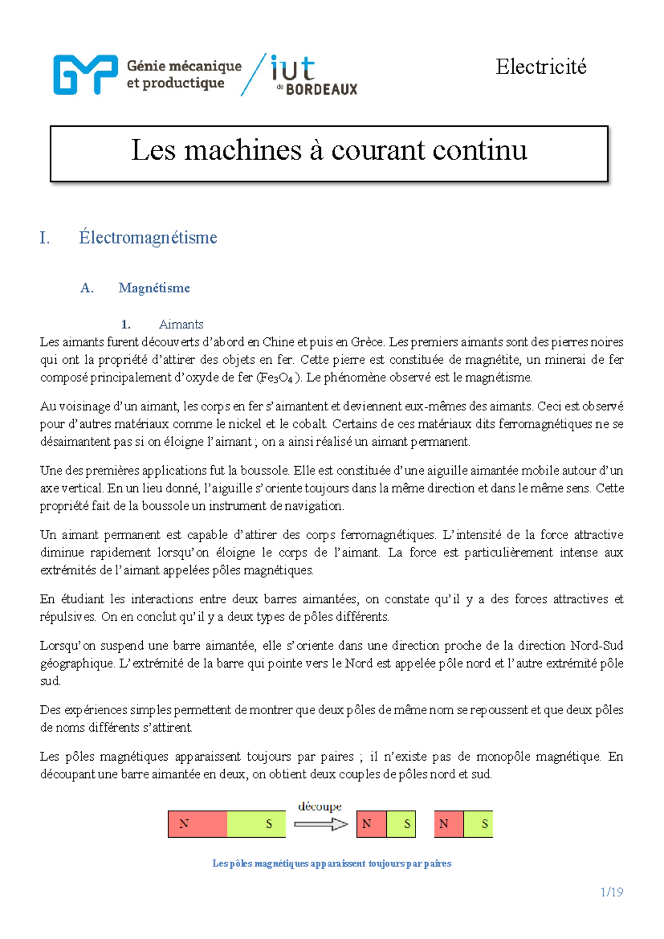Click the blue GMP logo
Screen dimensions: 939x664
point(85,75)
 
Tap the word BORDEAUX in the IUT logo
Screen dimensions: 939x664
point(321,89)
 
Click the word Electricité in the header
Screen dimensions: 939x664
point(541,67)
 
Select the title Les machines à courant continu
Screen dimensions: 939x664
point(329,151)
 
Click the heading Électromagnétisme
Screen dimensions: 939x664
point(148,238)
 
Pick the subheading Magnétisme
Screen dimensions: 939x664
point(154,288)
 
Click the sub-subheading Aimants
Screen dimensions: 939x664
point(181,324)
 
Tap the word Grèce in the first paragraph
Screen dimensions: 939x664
point(367,342)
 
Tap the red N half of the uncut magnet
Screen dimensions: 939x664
point(198,824)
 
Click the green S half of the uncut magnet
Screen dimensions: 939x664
point(256,824)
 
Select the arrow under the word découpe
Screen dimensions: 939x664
point(320,824)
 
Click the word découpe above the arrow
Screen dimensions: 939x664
point(320,807)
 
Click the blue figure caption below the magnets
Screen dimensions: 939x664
point(331,863)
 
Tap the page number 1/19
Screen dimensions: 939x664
point(611,892)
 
